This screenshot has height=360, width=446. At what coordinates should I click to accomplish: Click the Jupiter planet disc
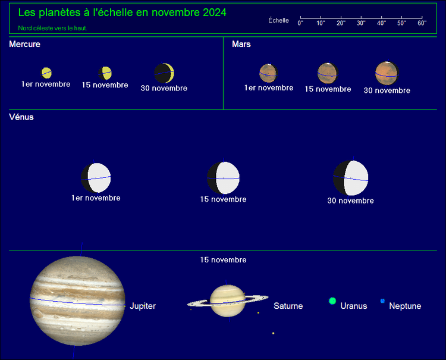click(x=77, y=301)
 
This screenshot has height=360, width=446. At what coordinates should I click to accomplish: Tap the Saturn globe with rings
click(x=228, y=301)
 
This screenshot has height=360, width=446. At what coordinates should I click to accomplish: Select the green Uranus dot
click(x=332, y=301)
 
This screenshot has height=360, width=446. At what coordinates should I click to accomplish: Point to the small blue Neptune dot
click(x=382, y=301)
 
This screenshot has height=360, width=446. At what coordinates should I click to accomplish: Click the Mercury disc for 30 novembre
click(x=164, y=73)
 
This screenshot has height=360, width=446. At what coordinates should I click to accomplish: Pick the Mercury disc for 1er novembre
click(x=46, y=73)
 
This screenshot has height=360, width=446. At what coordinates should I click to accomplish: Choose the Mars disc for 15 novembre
click(x=328, y=73)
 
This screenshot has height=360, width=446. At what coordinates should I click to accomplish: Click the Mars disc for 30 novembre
click(x=387, y=73)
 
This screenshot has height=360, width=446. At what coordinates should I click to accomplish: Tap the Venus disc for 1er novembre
click(x=96, y=178)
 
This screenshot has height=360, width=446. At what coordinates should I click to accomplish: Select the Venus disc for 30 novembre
click(x=351, y=178)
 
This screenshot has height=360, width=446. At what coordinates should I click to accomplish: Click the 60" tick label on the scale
click(x=422, y=23)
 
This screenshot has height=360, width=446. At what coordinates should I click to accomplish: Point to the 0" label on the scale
click(x=300, y=23)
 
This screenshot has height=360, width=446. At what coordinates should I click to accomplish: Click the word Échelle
click(x=278, y=20)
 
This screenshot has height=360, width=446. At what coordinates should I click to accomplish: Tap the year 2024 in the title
click(x=215, y=12)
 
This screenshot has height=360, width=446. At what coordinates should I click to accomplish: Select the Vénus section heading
click(x=21, y=117)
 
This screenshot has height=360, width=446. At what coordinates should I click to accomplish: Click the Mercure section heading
click(x=25, y=44)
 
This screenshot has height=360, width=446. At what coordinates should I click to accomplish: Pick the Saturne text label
click(x=288, y=306)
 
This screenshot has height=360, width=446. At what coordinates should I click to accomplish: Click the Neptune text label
click(x=405, y=306)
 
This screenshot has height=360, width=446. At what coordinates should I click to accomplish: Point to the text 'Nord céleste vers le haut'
click(x=52, y=28)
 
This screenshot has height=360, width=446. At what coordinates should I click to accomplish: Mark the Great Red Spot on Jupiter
click(x=37, y=314)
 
